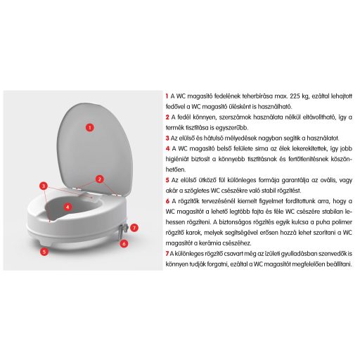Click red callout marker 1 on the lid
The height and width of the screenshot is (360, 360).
89,127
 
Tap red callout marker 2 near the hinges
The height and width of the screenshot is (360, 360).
100,179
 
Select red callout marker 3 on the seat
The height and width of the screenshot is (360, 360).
44,186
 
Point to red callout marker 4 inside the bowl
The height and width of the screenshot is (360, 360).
67,207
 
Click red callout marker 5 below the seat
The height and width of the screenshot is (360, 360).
44,249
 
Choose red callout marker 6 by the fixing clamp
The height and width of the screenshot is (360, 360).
124,243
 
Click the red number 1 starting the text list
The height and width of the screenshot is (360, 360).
167,95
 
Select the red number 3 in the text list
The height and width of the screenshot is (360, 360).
167,138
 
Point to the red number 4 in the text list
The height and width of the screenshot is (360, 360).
167,148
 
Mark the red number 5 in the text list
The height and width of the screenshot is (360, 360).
167,180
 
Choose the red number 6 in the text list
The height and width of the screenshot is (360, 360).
167,201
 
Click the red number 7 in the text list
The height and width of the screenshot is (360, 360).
167,254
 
